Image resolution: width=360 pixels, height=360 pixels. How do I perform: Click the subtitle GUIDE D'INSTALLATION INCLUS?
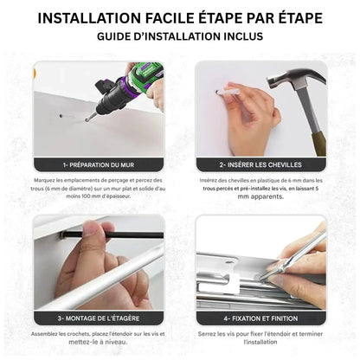click(180, 36)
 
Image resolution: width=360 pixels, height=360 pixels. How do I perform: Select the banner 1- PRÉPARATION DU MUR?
click(98, 164)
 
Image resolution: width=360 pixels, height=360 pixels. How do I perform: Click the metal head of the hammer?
click(292, 80)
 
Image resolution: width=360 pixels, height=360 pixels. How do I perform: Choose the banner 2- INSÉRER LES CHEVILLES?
click(260, 164)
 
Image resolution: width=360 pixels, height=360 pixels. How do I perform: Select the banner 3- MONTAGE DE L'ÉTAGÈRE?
click(98, 318)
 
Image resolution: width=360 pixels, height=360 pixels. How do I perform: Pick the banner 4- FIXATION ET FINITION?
click(260, 318)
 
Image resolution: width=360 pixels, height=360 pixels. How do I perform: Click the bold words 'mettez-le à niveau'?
click(98, 341)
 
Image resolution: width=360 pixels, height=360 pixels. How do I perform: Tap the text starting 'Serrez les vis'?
click(260, 333)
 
